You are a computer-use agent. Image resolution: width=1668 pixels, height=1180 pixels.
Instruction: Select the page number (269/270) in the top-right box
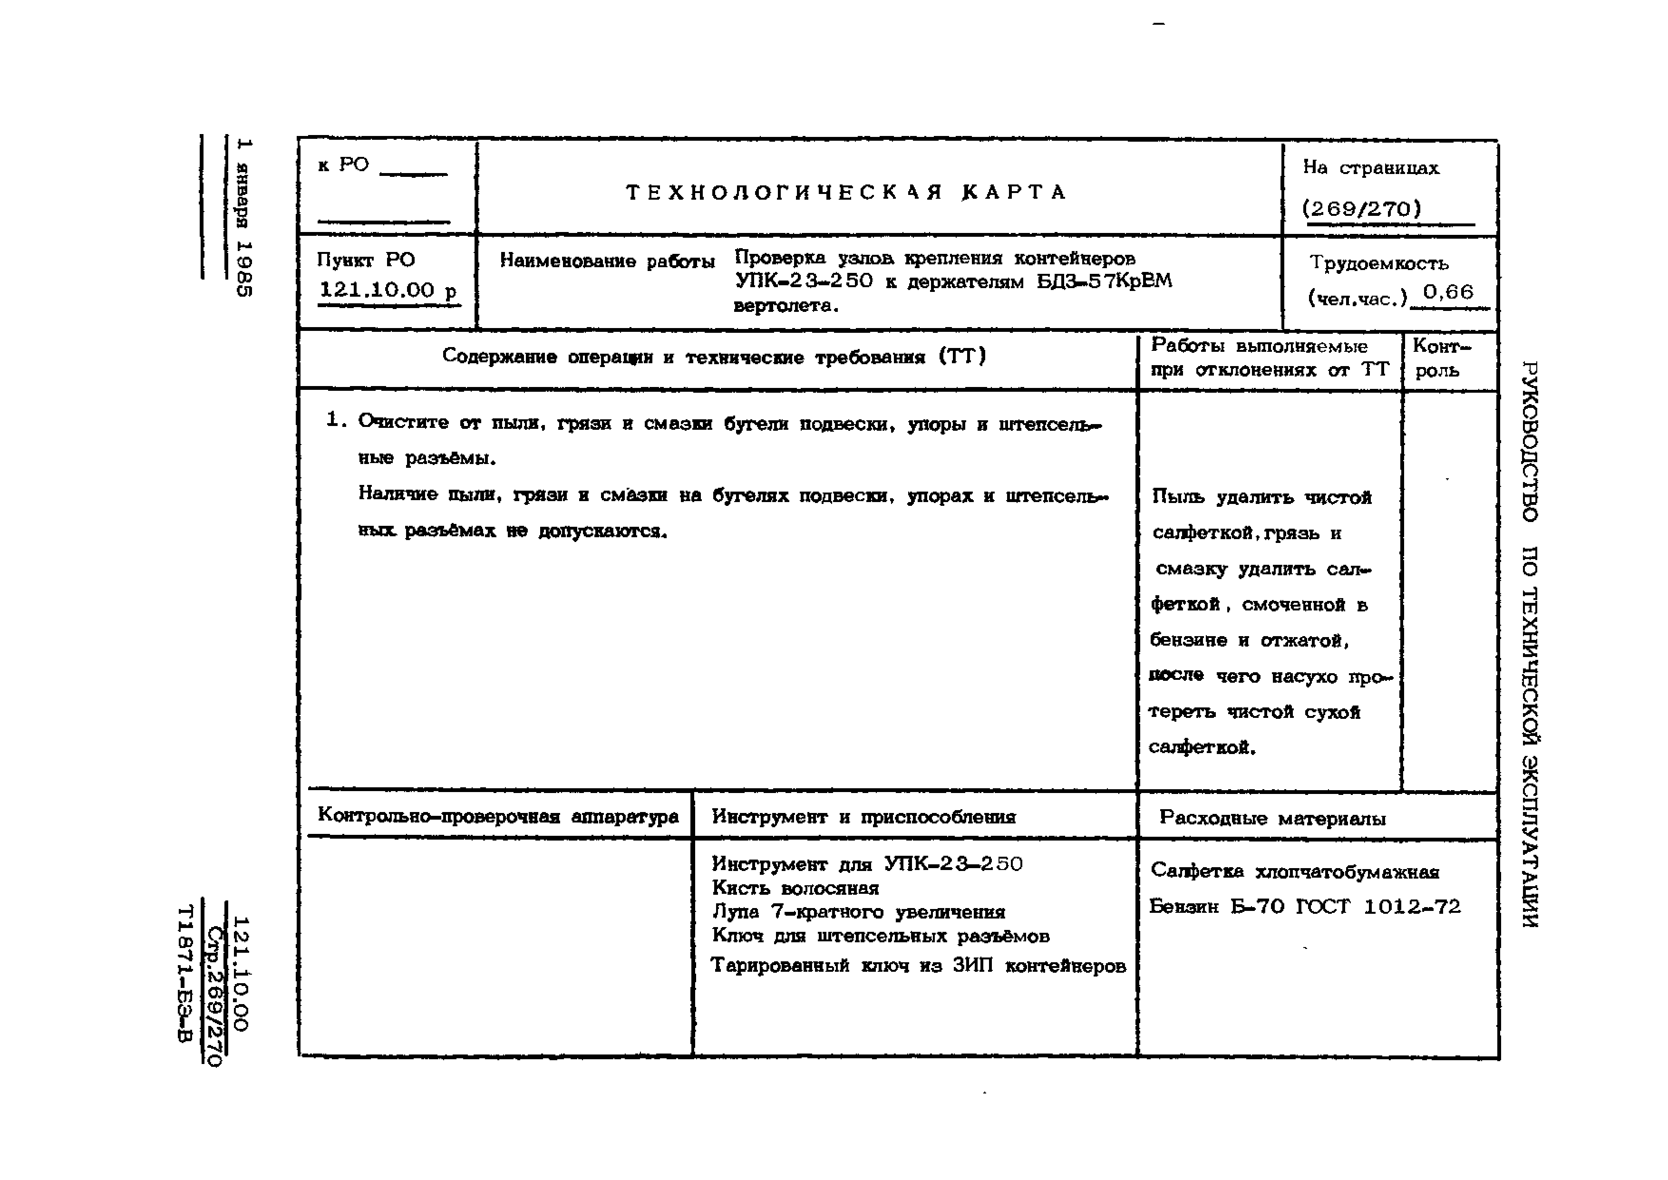coord(1361,209)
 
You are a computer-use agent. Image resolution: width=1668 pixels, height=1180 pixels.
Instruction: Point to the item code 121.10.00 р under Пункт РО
coord(388,290)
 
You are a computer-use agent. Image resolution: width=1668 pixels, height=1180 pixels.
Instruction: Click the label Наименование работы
coord(607,261)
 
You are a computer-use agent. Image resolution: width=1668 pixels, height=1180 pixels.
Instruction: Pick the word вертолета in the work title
coord(786,306)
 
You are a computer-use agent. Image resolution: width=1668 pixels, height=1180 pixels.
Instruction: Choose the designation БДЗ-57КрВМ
coord(1104,281)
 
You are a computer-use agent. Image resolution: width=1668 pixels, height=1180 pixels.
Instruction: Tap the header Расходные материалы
coord(1272,818)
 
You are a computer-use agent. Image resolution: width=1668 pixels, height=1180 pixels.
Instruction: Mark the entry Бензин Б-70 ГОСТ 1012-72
coord(1304,907)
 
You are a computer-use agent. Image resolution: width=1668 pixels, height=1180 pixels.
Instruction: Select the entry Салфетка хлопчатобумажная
coord(1295,871)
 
